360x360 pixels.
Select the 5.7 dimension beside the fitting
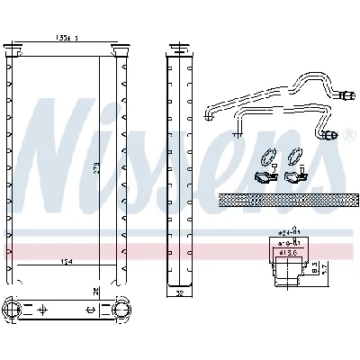tap(325, 267)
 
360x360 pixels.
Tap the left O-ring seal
tap(267, 156)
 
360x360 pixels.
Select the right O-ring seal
tap(295, 156)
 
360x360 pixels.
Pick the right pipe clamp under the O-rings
tap(295, 176)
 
